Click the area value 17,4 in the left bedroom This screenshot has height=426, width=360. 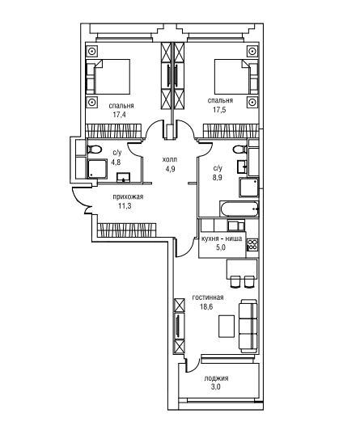(x=120, y=114)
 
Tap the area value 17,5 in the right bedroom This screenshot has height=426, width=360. (x=220, y=110)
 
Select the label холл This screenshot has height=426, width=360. (x=170, y=159)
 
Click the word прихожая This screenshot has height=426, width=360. (x=128, y=197)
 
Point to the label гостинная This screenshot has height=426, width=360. (x=208, y=297)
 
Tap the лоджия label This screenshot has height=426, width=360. (x=216, y=378)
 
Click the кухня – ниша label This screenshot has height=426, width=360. (x=222, y=238)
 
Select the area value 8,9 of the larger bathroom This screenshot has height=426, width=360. (x=218, y=178)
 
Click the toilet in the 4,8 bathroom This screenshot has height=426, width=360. (x=94, y=150)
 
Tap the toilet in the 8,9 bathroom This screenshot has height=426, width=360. (x=240, y=149)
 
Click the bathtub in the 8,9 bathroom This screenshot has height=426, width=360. (x=239, y=209)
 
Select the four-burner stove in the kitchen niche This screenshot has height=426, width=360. (x=252, y=244)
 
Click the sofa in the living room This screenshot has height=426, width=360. (x=248, y=326)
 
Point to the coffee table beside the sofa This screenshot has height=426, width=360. (x=227, y=326)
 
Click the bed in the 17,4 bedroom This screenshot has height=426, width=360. (x=108, y=76)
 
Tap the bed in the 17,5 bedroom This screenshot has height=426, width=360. (x=236, y=76)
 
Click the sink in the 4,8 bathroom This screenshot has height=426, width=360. (x=124, y=177)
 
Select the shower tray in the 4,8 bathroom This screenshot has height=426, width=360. (x=97, y=169)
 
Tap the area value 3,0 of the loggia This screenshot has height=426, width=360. (x=216, y=387)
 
